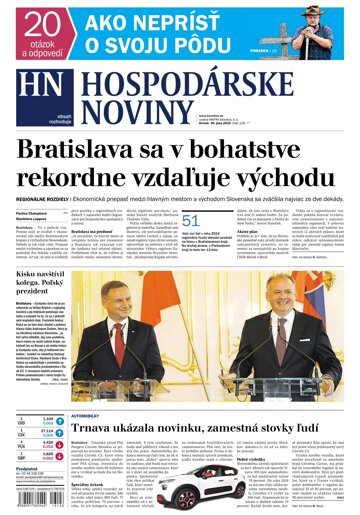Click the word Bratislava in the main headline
click(x=78, y=149)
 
